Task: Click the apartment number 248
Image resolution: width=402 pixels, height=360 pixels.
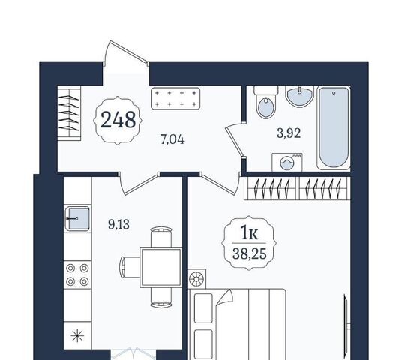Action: click(x=118, y=119)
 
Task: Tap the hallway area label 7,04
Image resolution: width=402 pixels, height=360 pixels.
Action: click(x=172, y=140)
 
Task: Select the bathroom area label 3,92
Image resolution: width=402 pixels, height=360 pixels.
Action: click(x=289, y=133)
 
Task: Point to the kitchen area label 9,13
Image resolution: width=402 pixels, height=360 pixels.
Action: click(x=118, y=224)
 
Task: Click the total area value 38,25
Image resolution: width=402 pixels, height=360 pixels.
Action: click(x=250, y=253)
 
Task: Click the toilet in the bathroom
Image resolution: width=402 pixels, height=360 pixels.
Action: click(x=266, y=102)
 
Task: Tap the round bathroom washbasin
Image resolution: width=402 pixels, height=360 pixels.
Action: click(x=300, y=96)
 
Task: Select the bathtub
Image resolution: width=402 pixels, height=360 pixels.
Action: click(x=334, y=128)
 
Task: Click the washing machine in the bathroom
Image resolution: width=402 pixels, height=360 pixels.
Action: click(x=287, y=162)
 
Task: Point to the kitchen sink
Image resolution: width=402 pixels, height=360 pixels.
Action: click(x=78, y=219)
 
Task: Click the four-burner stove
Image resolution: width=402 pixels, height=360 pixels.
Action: click(x=77, y=274)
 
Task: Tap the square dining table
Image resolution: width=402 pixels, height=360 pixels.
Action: click(x=160, y=267)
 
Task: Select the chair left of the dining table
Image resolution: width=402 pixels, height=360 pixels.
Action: click(x=130, y=267)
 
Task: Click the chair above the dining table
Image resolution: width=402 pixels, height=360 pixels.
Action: click(x=161, y=237)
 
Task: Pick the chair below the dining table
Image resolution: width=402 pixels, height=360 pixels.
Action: click(x=161, y=298)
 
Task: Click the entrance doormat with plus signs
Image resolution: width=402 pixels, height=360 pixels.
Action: click(x=175, y=98)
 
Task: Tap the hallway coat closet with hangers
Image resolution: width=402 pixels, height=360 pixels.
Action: click(x=69, y=113)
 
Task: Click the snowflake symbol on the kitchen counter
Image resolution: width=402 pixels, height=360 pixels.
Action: click(x=77, y=336)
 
